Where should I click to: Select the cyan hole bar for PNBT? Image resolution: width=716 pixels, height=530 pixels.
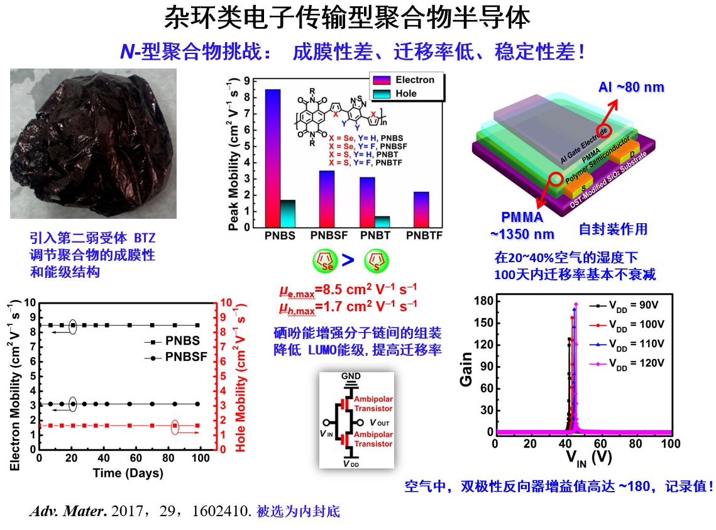pos(382,222)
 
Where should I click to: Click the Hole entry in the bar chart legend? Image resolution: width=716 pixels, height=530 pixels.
pos(405,94)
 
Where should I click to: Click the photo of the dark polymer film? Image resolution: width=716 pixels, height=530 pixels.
pos(93,143)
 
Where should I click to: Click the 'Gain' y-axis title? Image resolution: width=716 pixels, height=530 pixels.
pos(466,371)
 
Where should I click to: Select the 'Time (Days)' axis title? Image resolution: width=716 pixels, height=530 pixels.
pos(128,473)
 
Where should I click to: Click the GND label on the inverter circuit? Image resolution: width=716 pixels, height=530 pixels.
pos(351,376)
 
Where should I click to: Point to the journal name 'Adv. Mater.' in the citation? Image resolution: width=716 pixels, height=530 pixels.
pos(67,512)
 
